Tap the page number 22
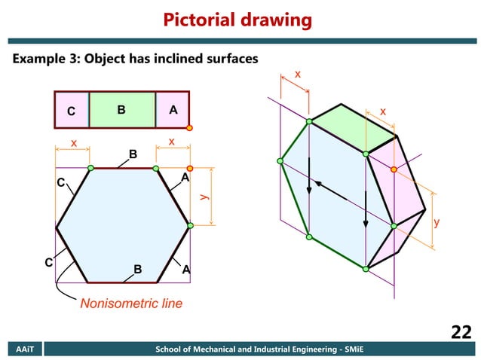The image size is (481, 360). point(461,332)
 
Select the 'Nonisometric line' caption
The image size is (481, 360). point(131,304)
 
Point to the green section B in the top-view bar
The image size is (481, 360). point(122,110)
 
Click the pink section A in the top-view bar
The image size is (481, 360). point(173,110)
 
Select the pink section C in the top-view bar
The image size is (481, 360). point(72,111)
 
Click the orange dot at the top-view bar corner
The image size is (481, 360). point(190,128)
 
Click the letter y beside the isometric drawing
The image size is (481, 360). point(437,224)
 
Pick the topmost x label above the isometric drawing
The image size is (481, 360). point(297,75)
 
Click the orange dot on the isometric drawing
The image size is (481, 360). point(394,169)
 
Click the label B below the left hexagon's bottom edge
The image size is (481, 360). point(137,269)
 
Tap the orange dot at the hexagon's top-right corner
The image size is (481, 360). point(190,168)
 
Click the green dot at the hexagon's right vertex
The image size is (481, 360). point(190,225)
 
